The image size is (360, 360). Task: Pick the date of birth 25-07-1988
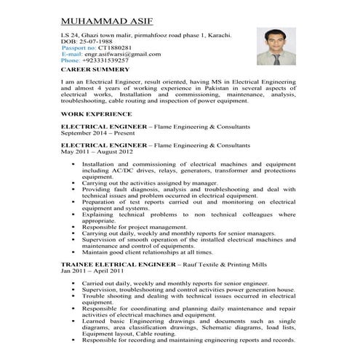coord(93,41)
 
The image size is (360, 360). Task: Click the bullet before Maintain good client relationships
coord(75,252)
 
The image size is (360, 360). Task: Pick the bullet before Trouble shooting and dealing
coord(75,296)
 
